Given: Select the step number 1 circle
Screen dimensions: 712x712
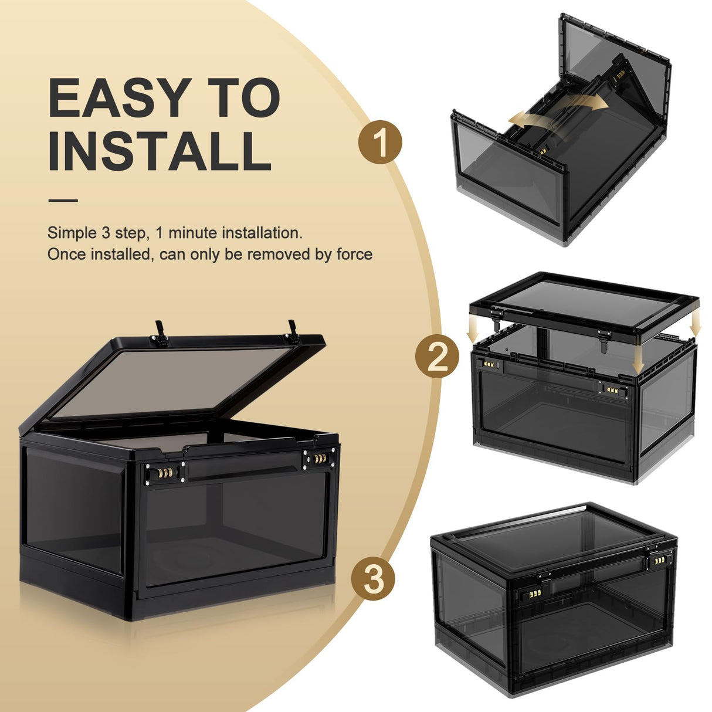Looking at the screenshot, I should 381,142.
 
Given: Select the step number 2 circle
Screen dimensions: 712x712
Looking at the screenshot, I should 438,357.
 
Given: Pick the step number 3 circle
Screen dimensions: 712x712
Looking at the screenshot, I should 374,578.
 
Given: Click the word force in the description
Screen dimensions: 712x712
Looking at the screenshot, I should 354,255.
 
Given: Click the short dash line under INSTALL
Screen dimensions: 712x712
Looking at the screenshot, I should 63,201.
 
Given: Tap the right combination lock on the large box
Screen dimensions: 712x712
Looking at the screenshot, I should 320,458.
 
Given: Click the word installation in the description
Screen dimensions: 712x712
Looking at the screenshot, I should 262,233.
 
